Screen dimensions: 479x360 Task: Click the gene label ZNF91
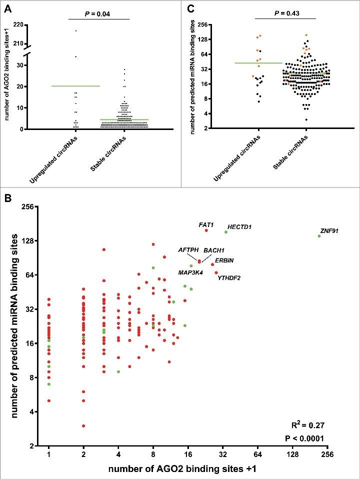[x=329, y=230]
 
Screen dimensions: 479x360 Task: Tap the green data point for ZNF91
[x=319, y=236]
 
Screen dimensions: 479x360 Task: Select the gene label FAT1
[x=206, y=225]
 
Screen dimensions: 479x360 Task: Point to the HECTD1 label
[x=239, y=227]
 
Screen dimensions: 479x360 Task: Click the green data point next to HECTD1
[x=226, y=232]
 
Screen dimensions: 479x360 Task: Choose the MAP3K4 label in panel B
[x=190, y=272]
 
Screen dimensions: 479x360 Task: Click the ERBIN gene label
[x=224, y=260]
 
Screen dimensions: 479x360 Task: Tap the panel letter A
[x=7, y=7]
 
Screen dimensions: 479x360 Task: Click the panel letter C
[x=189, y=7]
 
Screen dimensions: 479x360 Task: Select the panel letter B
[x=7, y=197]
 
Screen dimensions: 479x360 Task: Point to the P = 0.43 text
[x=285, y=13]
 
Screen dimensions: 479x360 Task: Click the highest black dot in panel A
[x=75, y=31]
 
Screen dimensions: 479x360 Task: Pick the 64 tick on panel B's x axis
[x=258, y=454]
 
